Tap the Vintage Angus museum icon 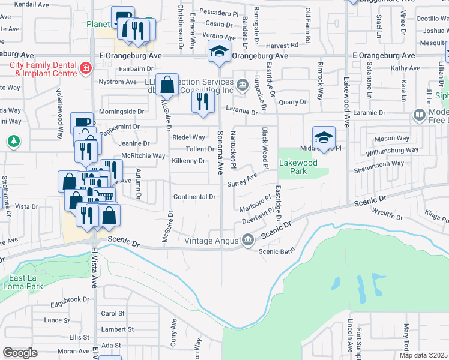click(x=247, y=241)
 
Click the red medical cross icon click(x=86, y=68)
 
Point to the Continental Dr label click(x=194, y=197)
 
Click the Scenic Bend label click(x=277, y=251)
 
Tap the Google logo click(x=20, y=353)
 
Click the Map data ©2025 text click(x=423, y=355)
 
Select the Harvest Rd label click(x=282, y=45)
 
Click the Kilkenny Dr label click(x=188, y=161)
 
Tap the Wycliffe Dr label click(x=386, y=212)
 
